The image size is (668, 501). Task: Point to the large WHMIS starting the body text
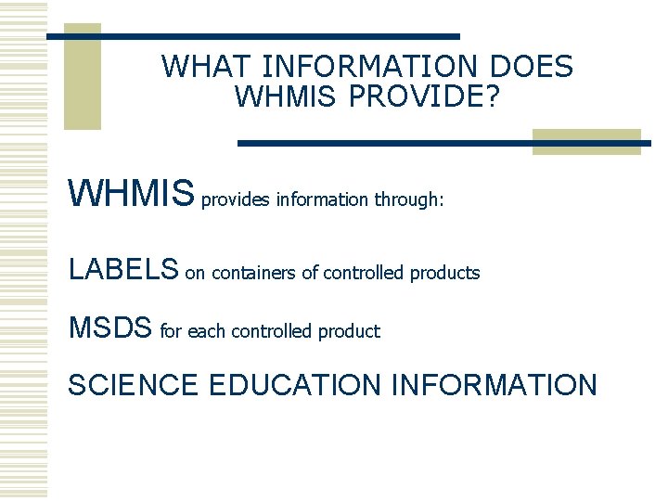[x=132, y=196]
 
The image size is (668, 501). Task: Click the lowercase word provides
[x=236, y=199]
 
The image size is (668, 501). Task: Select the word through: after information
[x=409, y=199]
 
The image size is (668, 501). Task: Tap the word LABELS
[x=123, y=270]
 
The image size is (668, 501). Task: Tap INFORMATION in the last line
[x=495, y=384]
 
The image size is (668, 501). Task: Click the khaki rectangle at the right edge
[x=586, y=141]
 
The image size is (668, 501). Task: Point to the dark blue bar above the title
[x=253, y=36]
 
